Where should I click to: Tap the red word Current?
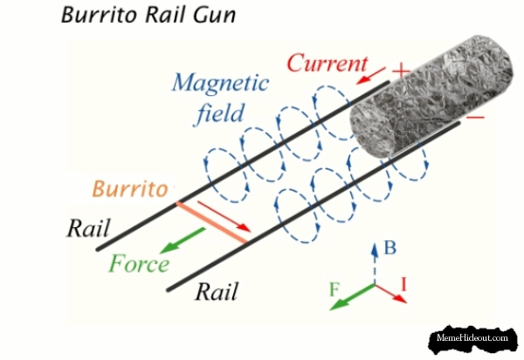point(325,63)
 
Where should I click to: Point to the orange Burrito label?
point(129,188)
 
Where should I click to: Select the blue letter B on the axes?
point(390,248)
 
